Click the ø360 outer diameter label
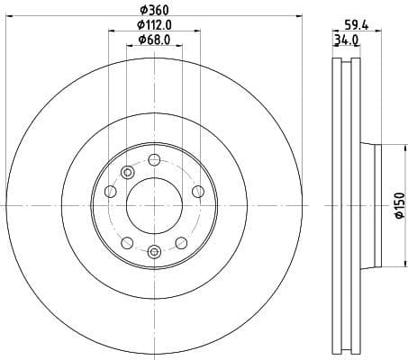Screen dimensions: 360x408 coord(154,10)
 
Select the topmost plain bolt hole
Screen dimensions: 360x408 coord(154,160)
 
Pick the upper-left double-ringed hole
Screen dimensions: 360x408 coord(127,172)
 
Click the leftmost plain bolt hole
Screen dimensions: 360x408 coord(111,191)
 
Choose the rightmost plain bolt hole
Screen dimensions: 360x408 coord(197,191)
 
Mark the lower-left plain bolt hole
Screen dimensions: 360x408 coord(127,242)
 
